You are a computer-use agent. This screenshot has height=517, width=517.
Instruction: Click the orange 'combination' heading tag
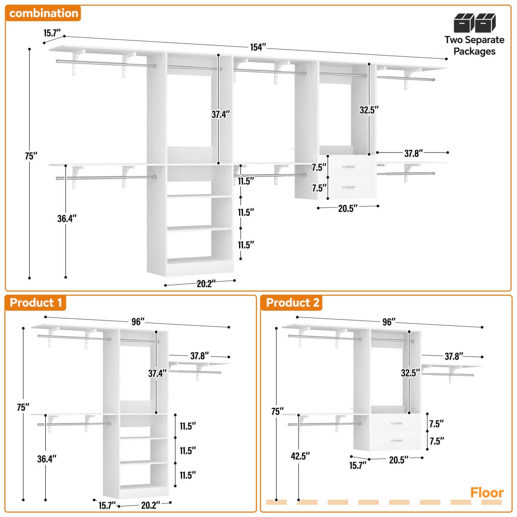44,13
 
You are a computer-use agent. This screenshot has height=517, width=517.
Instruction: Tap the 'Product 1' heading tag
36,302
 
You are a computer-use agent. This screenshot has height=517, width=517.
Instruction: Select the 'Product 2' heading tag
293,302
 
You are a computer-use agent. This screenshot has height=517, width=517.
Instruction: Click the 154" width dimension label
258,47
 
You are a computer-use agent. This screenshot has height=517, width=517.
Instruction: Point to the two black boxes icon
474,23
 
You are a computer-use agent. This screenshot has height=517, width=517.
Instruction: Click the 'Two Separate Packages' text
474,46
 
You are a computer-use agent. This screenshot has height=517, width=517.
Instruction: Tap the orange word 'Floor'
487,492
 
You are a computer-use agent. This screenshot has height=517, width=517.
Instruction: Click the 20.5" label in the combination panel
348,209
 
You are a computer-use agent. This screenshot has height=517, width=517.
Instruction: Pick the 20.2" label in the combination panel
206,283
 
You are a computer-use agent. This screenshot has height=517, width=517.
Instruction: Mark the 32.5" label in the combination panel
369,110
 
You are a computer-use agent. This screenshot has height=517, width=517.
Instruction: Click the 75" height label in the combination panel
31,156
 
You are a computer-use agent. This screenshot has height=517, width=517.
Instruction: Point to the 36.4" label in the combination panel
67,218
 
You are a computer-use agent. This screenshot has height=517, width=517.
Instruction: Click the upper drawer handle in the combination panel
349,167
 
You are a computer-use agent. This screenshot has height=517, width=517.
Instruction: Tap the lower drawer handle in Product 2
397,440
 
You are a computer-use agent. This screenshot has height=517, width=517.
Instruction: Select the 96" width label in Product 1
137,322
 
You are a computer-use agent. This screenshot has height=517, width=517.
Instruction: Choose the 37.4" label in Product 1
157,373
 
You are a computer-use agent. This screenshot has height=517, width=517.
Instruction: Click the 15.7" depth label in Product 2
358,465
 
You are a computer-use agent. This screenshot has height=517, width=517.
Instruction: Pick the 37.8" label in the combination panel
413,153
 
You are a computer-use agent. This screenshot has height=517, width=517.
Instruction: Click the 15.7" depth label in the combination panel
52,33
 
